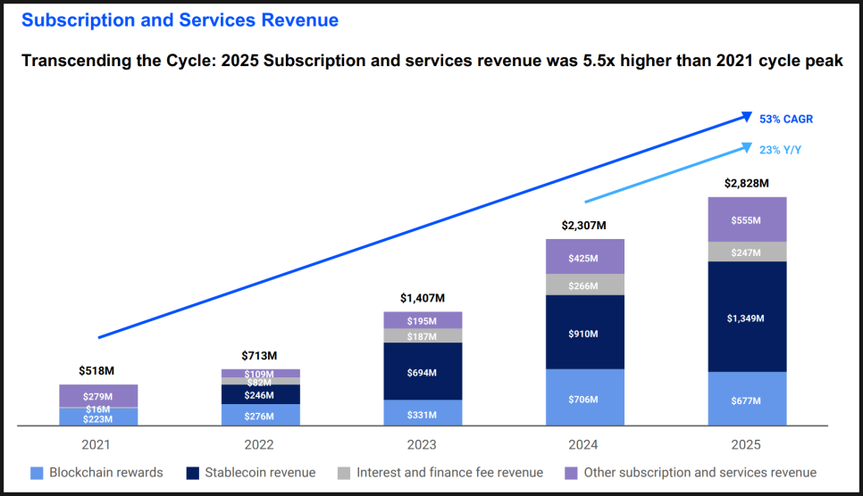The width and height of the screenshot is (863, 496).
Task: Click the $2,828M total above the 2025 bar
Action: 747,184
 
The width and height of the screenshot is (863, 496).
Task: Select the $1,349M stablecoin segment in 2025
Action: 747,317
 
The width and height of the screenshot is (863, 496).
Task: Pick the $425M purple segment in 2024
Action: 584,258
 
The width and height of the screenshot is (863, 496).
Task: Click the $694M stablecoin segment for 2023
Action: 423,371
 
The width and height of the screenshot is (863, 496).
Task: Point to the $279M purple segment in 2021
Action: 98,396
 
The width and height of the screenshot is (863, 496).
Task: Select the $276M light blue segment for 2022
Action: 260,415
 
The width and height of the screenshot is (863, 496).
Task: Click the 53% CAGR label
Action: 786,119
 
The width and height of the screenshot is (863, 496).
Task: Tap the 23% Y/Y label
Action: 781,150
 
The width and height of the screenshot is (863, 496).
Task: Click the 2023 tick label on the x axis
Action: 423,444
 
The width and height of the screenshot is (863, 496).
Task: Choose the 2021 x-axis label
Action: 98,444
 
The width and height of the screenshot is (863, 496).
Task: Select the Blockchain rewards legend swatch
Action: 37,472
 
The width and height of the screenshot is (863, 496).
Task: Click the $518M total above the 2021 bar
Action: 98,370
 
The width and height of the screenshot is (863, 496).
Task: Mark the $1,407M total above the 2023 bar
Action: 423,298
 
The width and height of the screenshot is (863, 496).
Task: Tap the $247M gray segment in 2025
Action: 747,252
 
